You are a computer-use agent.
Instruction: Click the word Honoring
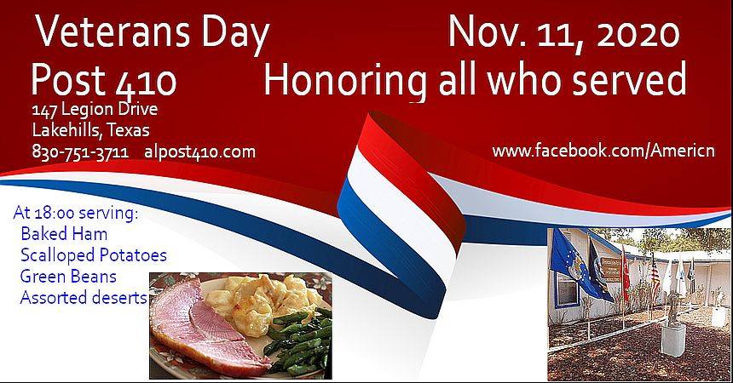tap(345, 78)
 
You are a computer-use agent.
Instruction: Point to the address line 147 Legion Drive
tap(95, 109)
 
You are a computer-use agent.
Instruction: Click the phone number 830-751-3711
tap(80, 151)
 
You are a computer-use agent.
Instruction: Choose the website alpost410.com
tap(200, 152)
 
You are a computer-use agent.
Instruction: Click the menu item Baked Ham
tap(64, 233)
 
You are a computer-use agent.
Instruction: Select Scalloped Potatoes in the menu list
tap(94, 255)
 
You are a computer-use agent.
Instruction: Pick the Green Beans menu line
tap(68, 277)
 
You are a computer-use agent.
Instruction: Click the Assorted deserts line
tap(84, 298)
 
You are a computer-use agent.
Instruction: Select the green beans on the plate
tap(299, 341)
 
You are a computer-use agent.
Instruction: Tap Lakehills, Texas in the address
tap(90, 130)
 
